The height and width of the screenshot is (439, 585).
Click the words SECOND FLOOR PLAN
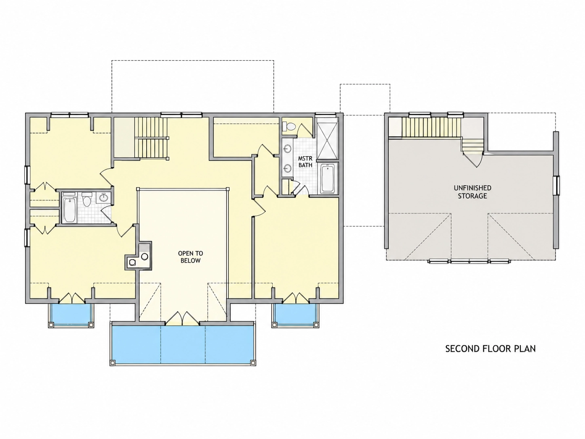coord(490,348)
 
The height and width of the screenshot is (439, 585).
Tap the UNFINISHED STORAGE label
coord(473,192)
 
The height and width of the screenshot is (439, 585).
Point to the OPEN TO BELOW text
coord(191,257)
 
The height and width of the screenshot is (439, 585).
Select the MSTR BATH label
coord(305,162)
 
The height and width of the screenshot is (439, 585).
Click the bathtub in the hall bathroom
coord(69,210)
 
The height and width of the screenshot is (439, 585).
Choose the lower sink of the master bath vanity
coord(287,168)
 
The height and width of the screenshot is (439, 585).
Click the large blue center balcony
coord(183,344)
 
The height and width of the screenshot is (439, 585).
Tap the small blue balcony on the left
coord(71,314)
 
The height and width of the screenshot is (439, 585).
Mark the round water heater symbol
coord(145,256)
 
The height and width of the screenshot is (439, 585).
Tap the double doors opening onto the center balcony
coord(182,318)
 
